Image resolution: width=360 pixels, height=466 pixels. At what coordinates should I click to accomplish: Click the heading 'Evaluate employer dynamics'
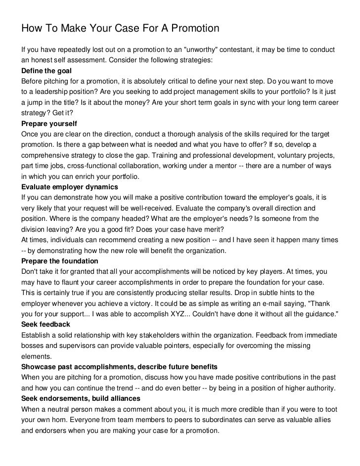pyautogui.click(x=69, y=187)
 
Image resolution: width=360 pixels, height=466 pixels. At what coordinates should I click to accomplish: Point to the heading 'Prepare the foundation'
pyautogui.click(x=60, y=260)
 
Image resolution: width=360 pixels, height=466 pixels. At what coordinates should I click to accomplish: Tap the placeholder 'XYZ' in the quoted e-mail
pyautogui.click(x=176, y=313)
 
